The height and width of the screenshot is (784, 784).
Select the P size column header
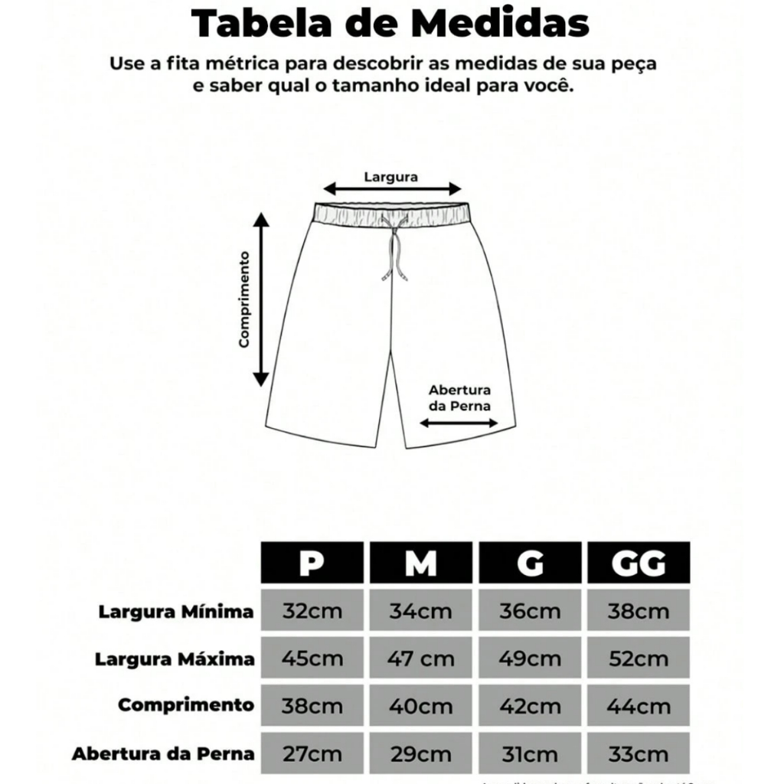click(x=312, y=563)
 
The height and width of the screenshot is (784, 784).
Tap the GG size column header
click(x=639, y=563)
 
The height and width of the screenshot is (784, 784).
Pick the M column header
click(x=420, y=563)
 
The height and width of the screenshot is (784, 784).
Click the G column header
click(x=530, y=563)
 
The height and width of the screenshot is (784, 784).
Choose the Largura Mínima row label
click(x=176, y=612)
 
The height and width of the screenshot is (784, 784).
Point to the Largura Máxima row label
click(x=174, y=659)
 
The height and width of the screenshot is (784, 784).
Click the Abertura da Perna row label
click(x=163, y=753)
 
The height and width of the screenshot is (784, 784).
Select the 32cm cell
click(x=312, y=612)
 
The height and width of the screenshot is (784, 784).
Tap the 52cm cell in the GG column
click(x=639, y=658)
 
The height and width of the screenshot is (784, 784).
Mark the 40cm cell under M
click(x=420, y=706)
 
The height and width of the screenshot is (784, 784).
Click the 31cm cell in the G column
click(x=530, y=753)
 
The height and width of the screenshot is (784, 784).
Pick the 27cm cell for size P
click(x=312, y=753)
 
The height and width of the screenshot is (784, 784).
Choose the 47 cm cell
click(x=420, y=658)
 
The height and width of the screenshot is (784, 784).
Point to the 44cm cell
click(x=639, y=706)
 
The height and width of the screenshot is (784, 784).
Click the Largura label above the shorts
click(x=390, y=176)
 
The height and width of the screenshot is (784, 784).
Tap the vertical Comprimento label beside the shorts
click(x=245, y=299)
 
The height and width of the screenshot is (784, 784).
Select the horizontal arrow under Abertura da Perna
click(x=459, y=422)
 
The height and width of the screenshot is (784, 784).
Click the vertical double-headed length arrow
click(x=262, y=299)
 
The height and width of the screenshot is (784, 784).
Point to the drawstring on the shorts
click(x=397, y=249)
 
